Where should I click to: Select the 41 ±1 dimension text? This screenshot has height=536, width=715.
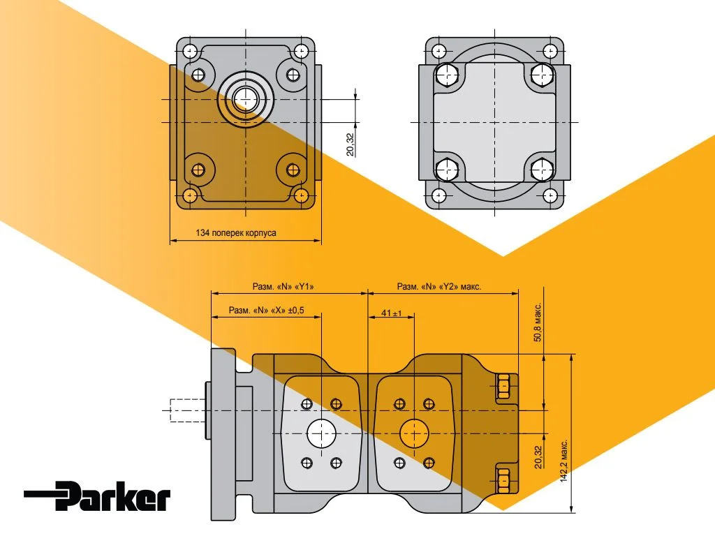[x=391, y=314]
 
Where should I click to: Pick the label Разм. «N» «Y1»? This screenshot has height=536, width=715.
[x=283, y=286]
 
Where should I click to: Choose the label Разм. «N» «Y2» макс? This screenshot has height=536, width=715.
[x=439, y=286]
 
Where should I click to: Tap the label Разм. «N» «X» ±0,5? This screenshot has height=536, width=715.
[x=266, y=311]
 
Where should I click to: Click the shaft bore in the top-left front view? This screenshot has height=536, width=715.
[x=245, y=98]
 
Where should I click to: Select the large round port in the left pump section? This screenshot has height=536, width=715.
[x=321, y=434]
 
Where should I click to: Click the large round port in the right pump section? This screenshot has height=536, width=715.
[x=414, y=434]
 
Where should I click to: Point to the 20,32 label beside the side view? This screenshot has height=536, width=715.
[x=538, y=457]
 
